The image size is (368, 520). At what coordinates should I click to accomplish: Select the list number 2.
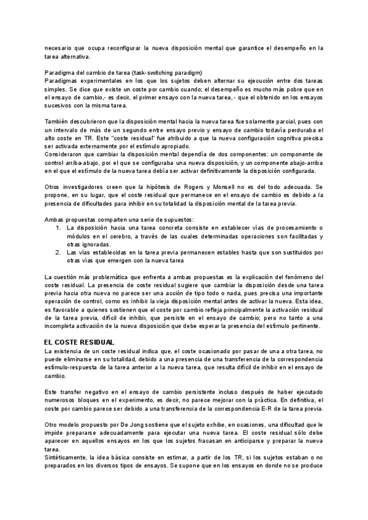point(57,252)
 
